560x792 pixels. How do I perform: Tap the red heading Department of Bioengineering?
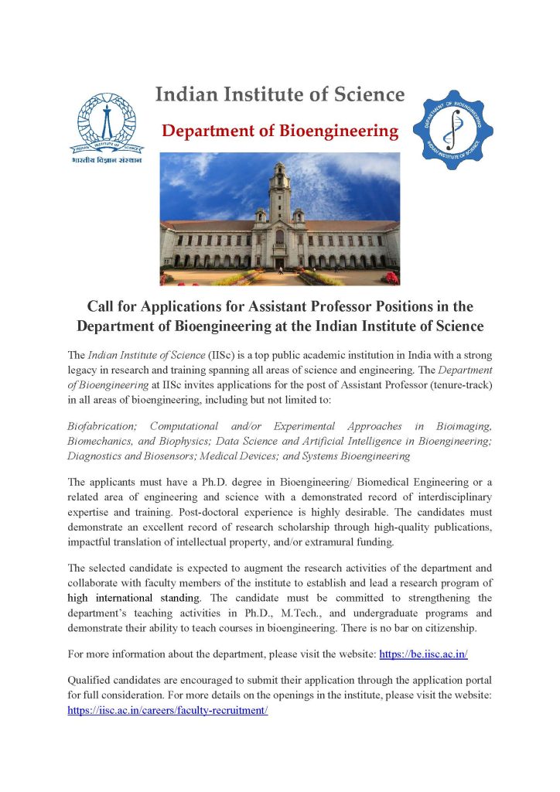click(x=280, y=131)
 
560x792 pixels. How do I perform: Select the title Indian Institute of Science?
click(x=280, y=95)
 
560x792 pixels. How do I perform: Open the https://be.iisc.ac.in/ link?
click(x=423, y=654)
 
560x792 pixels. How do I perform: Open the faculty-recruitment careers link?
click(x=168, y=710)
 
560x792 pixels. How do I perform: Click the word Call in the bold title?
click(x=108, y=307)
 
